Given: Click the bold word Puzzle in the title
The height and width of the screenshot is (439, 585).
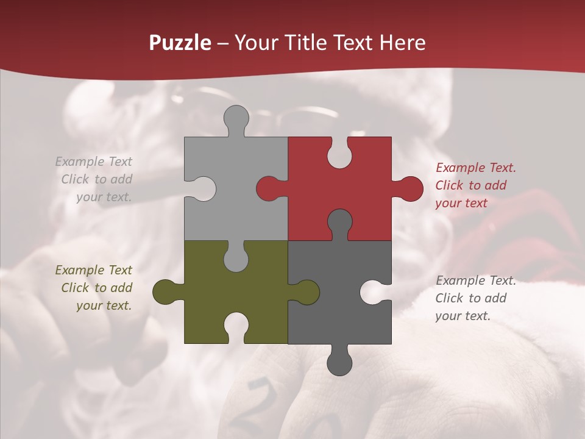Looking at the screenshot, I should pyautogui.click(x=180, y=43).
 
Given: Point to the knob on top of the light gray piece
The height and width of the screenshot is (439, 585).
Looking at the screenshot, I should pyautogui.click(x=236, y=117).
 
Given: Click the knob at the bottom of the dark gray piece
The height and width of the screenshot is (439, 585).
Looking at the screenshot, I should pyautogui.click(x=339, y=363).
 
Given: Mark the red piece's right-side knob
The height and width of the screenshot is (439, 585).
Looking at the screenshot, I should pyautogui.click(x=411, y=188).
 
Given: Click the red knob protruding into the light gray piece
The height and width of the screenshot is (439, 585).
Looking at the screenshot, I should pyautogui.click(x=268, y=188).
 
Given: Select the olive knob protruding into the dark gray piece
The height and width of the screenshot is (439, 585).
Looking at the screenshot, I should pyautogui.click(x=307, y=292).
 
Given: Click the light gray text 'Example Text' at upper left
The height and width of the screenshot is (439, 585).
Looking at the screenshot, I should pyautogui.click(x=94, y=162).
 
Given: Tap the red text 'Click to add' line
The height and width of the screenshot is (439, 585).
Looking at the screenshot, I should pyautogui.click(x=470, y=185).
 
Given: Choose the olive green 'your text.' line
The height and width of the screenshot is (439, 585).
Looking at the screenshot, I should pyautogui.click(x=104, y=305).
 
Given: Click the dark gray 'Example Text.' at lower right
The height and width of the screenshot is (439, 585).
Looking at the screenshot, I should pyautogui.click(x=476, y=280).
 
